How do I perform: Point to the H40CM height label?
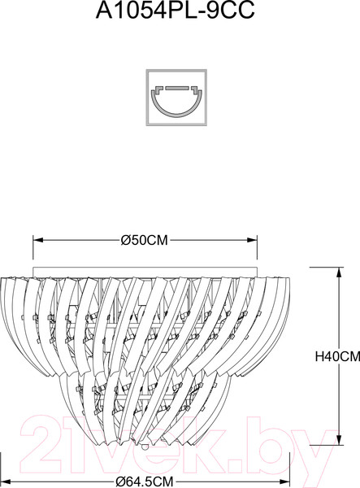coord(336,355)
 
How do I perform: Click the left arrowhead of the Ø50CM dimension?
coord(35,240)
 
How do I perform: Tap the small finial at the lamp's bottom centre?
coord(145,446)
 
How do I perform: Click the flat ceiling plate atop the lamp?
coord(145,270)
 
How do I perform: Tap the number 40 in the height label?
coord(333,355)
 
